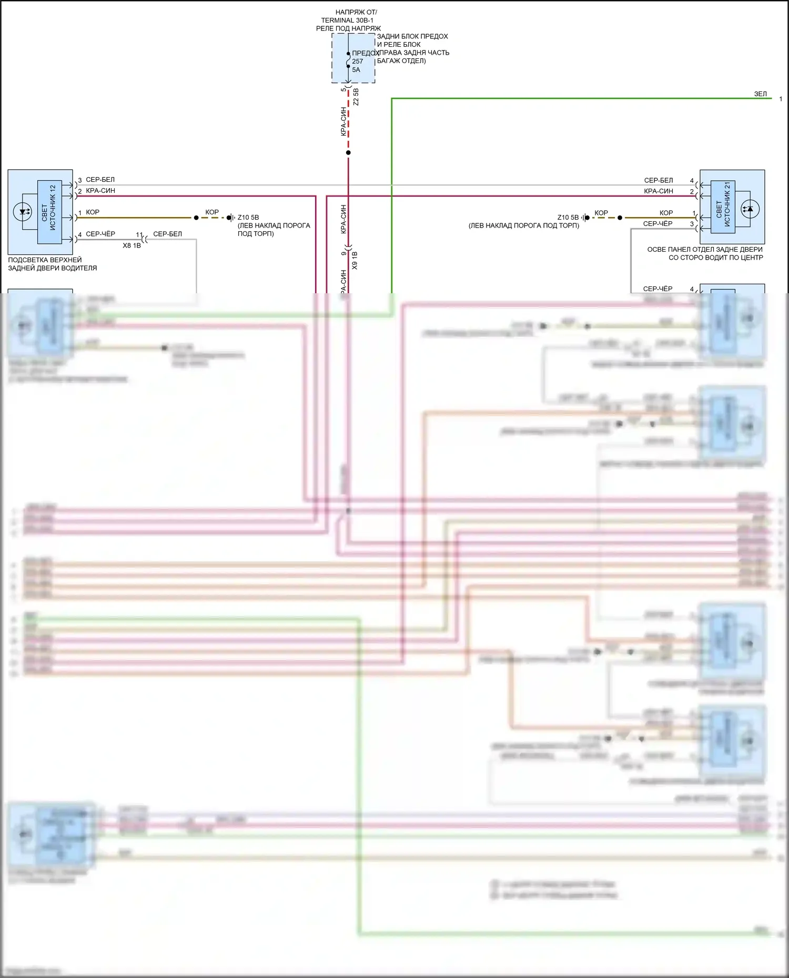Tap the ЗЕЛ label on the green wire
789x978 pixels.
(760, 94)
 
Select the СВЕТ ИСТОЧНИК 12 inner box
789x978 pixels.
(49, 212)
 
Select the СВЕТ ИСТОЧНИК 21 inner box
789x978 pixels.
(723, 207)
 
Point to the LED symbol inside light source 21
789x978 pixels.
(749, 209)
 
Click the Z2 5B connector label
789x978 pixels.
(356, 97)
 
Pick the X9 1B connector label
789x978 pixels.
(355, 261)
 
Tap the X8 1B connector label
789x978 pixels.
(131, 245)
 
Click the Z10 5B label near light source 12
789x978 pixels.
(248, 218)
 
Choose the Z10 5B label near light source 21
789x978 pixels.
(568, 218)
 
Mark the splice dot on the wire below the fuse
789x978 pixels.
(348, 153)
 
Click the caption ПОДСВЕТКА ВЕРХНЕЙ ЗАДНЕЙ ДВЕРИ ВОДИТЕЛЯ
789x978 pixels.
(52, 264)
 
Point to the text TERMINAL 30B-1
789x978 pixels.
(347, 20)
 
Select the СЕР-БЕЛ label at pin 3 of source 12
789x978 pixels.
(100, 180)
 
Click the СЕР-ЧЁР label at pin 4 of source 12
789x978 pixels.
(100, 234)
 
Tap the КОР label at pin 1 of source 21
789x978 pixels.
(666, 213)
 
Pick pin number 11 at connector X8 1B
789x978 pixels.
(139, 235)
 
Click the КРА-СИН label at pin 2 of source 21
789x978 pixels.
(659, 191)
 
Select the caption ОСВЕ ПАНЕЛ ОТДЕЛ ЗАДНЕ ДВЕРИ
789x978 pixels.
(705, 250)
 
